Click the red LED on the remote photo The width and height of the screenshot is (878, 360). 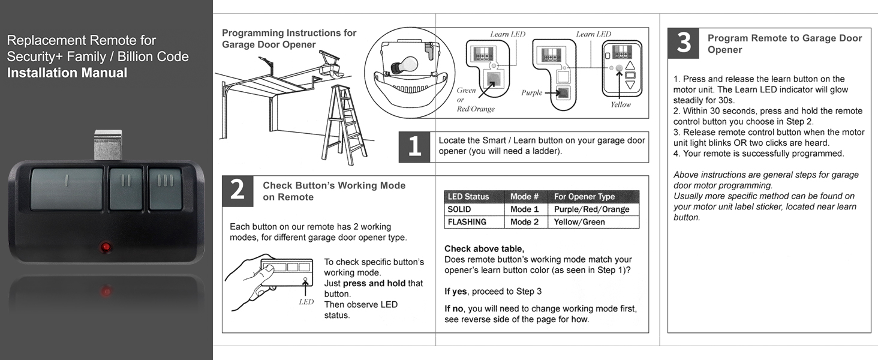[106, 247]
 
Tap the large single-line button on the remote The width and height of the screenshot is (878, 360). [67, 188]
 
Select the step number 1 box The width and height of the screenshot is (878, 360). [414, 147]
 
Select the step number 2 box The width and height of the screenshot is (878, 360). [237, 191]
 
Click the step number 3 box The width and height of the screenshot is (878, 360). [683, 43]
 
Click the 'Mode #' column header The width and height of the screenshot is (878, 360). [525, 196]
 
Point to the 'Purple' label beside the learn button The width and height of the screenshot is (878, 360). [532, 93]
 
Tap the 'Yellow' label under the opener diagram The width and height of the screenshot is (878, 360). [621, 104]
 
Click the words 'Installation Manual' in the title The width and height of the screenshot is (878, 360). [67, 73]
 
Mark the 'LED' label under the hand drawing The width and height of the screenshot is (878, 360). [306, 302]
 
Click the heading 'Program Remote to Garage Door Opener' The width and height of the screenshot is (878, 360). [784, 44]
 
